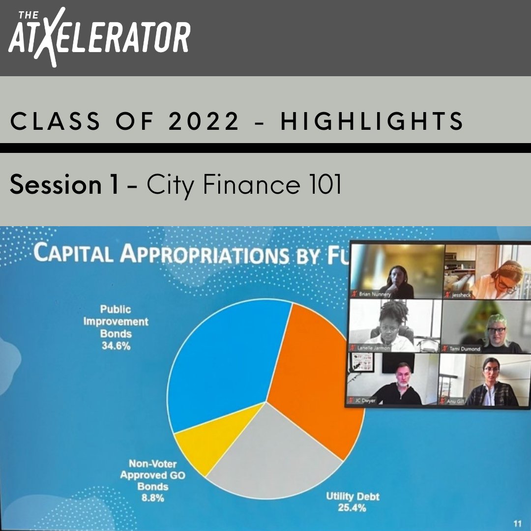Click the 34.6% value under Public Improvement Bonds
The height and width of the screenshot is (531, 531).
pyautogui.click(x=116, y=346)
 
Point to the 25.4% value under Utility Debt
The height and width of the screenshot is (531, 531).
pyautogui.click(x=352, y=507)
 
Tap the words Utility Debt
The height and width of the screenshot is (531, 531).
pyautogui.click(x=353, y=496)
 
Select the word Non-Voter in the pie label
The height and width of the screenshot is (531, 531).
pyautogui.click(x=152, y=464)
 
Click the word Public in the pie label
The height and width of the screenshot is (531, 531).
pyautogui.click(x=116, y=309)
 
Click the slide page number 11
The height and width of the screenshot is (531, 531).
pyautogui.click(x=517, y=524)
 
